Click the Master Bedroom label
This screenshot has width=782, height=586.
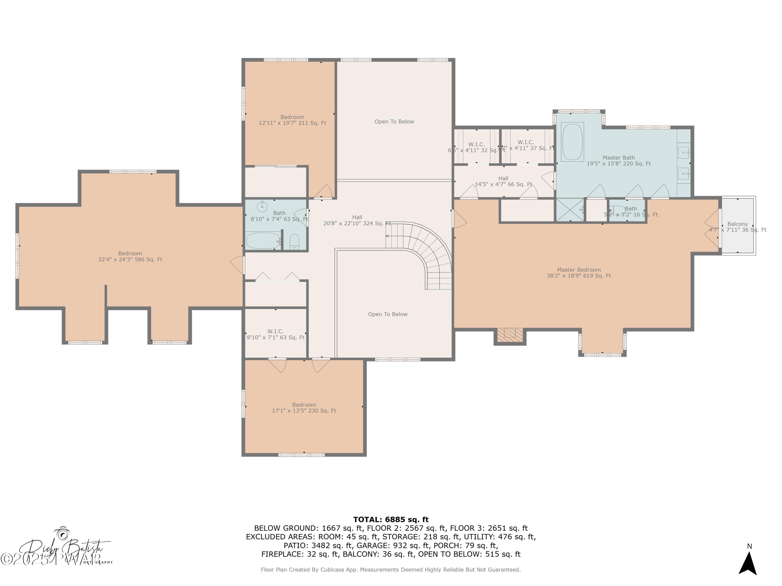(579, 273)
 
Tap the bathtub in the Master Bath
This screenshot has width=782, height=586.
(572, 142)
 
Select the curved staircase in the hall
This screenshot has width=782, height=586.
(428, 251)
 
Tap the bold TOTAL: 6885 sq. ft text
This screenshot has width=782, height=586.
(391, 519)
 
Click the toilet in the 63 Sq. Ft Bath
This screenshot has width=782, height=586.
(294, 242)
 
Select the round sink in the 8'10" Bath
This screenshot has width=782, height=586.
(262, 206)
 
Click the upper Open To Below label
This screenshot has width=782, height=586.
(394, 122)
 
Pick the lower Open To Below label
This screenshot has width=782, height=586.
(387, 314)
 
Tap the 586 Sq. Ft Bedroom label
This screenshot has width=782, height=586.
(130, 257)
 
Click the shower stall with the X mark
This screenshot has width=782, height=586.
(570, 210)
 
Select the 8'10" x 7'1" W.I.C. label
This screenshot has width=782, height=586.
(276, 334)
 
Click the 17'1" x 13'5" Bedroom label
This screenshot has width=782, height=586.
(304, 408)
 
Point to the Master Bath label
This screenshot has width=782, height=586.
(619, 160)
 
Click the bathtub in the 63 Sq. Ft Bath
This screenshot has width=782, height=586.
(263, 241)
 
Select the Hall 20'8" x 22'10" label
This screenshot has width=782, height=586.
(357, 220)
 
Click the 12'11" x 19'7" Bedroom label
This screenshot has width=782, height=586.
(292, 120)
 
